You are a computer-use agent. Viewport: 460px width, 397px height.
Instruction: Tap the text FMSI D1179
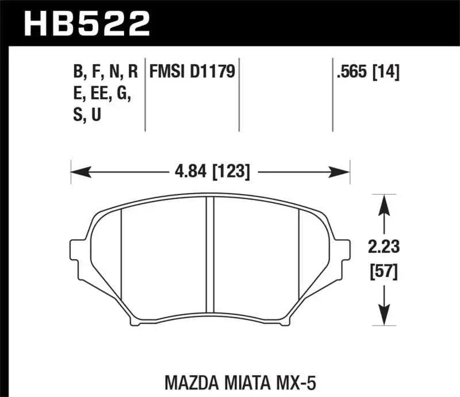pos(193,72)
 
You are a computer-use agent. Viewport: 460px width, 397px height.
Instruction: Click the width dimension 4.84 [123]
pos(210,171)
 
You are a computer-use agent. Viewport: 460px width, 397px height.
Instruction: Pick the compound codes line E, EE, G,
pos(101,94)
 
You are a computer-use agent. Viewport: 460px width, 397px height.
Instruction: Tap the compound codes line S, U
pos(87,115)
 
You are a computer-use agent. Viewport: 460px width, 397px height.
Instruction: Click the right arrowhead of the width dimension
pos(344,171)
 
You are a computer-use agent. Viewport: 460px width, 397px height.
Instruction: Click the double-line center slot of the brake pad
pos(210,261)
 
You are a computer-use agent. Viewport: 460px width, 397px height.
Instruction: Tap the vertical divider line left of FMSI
pos(145,95)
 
